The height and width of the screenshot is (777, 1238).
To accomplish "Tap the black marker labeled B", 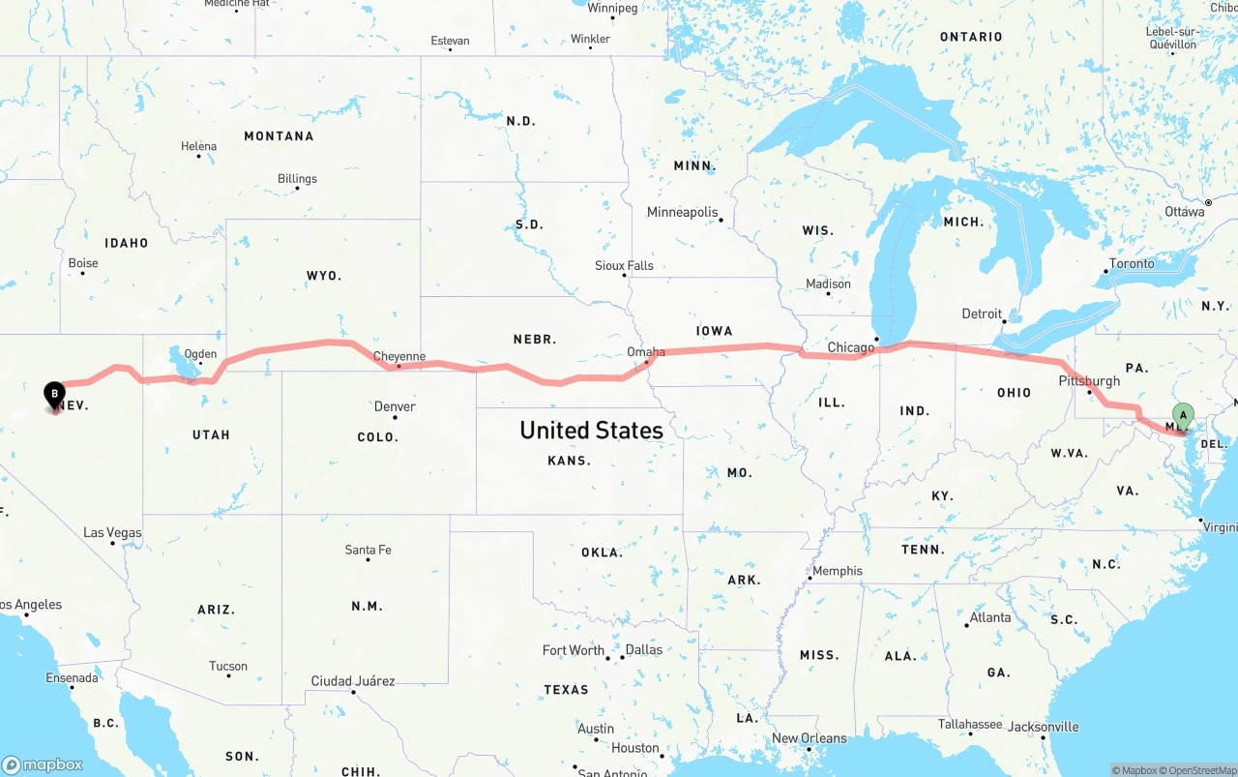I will click(x=55, y=394).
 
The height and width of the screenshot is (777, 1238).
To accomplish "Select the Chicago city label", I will click(x=850, y=347).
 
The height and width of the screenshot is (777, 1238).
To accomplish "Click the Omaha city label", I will click(x=646, y=351).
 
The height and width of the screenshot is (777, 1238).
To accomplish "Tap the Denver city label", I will click(x=395, y=406).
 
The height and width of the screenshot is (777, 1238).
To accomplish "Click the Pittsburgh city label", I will click(x=1089, y=380).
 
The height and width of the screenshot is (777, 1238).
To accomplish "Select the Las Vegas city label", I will click(x=112, y=532).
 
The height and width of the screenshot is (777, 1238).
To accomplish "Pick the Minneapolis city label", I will click(x=683, y=212).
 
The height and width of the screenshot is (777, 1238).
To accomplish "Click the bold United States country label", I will click(x=591, y=430).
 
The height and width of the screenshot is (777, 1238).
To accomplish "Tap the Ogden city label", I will click(x=200, y=354).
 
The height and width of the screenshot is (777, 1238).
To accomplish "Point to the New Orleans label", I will click(x=809, y=738).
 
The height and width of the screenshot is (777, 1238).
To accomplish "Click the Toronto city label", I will click(x=1132, y=263).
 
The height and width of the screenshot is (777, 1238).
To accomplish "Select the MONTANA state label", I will click(x=279, y=136).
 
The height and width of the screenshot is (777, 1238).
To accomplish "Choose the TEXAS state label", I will click(x=566, y=690).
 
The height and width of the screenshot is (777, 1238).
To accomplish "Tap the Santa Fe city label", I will click(x=368, y=550).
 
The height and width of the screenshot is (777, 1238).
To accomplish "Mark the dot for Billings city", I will click(x=297, y=188).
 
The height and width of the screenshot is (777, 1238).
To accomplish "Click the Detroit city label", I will click(x=982, y=314).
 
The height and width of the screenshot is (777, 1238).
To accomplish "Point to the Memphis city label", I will click(x=838, y=571).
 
